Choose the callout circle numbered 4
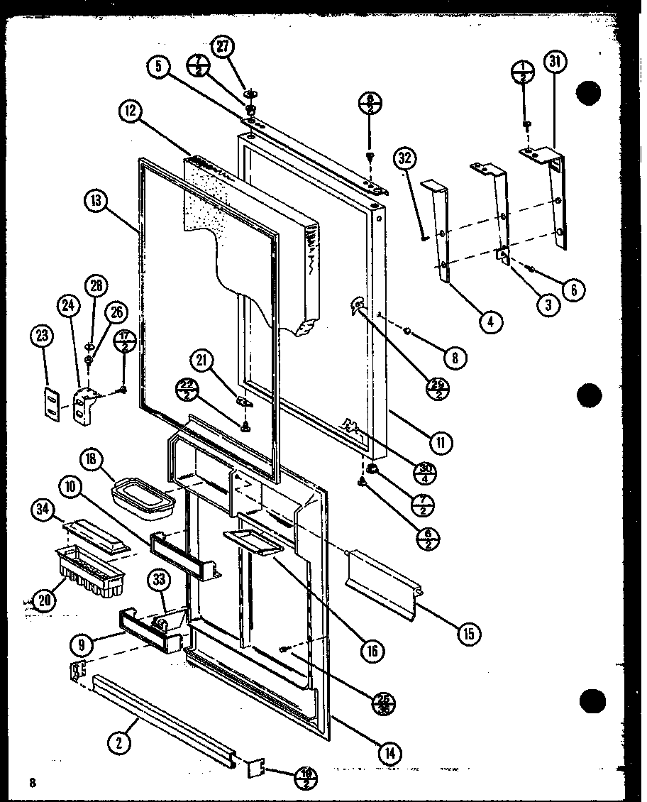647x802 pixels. tap(490, 322)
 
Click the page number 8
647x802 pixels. tap(32, 782)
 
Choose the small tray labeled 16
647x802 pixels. tap(253, 543)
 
